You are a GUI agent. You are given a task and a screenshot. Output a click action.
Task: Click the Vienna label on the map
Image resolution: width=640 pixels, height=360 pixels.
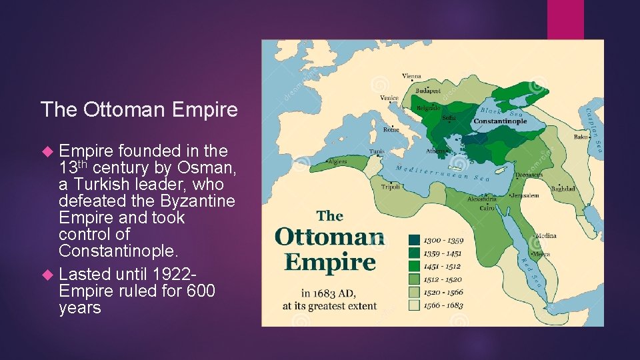point(411,76)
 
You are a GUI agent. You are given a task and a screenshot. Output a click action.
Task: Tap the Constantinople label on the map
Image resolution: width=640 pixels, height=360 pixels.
point(499,121)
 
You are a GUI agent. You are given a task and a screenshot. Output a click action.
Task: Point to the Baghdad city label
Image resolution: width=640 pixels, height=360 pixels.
point(563,189)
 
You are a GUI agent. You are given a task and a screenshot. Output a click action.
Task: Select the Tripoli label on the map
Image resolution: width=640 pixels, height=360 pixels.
point(391,187)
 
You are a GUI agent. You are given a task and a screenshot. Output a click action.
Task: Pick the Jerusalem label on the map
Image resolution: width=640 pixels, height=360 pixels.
point(525,195)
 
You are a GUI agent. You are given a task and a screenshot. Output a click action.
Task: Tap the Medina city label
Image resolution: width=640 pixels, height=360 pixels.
point(545,235)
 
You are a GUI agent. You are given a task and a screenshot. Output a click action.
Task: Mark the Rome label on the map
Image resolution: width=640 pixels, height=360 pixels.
point(391,130)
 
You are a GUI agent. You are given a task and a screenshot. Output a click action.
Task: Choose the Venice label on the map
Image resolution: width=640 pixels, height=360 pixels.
point(389,98)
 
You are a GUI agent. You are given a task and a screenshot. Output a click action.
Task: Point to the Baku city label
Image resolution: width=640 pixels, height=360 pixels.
point(581,137)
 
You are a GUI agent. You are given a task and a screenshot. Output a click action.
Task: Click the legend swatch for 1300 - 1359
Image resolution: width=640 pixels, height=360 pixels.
point(413,240)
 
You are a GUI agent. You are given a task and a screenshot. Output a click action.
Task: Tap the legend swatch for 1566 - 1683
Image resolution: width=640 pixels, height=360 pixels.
point(413,305)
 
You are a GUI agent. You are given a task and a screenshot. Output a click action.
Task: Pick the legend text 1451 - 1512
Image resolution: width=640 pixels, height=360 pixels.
point(444,267)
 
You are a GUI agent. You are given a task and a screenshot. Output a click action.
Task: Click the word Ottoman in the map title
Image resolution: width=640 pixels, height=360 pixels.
point(329,237)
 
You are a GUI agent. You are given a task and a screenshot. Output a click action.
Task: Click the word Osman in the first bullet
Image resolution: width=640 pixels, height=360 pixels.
point(199,167)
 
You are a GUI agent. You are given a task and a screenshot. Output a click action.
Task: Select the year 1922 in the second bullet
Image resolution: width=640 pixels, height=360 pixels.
point(174,274)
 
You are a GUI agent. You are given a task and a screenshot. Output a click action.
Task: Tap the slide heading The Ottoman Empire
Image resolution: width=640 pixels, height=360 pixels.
point(139,109)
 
